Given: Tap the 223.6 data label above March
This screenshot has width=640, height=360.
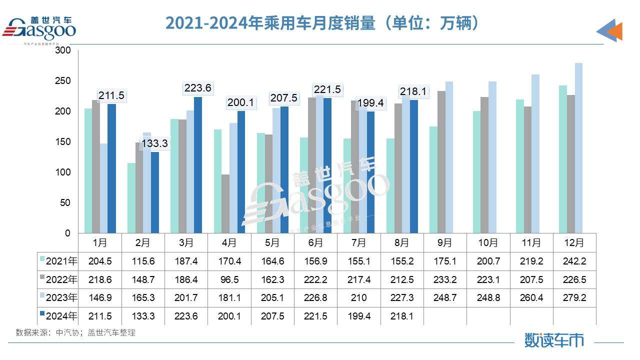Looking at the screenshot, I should pos(198,88).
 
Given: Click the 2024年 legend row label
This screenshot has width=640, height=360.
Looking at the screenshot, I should pos(59,316).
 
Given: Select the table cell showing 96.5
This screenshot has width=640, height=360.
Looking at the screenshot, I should pos(229,279).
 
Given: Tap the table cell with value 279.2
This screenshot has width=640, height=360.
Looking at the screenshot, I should pos(574,297).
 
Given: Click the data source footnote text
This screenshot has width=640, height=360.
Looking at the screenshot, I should pos(75,332).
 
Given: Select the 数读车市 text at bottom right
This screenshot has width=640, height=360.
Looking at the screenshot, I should pos(553,340).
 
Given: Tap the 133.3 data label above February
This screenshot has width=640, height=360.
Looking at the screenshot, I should pos(154,144).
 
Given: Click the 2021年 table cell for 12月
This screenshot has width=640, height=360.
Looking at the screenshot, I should pos(574,260).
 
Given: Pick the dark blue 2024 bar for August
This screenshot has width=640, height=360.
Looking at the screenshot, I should pos(413,166).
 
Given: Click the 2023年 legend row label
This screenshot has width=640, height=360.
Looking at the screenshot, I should pos(59,297).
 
